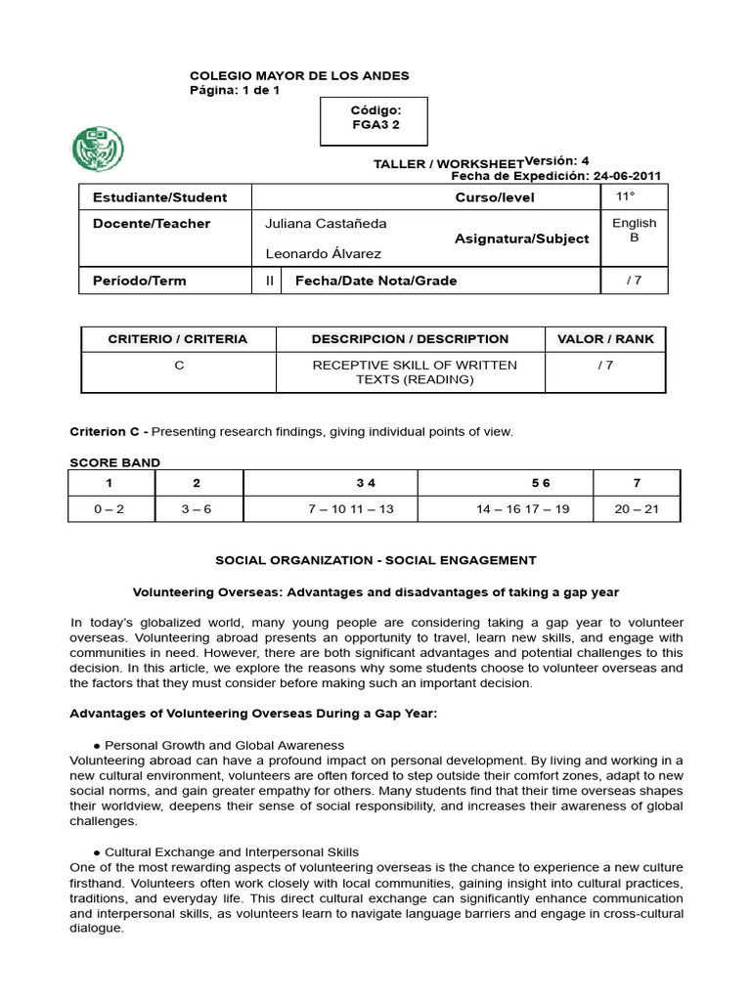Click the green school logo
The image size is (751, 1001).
97,149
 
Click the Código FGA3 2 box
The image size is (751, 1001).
375,118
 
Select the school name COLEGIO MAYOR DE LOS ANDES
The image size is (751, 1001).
298,76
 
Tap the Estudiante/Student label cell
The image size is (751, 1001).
159,197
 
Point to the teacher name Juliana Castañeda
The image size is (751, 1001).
326,224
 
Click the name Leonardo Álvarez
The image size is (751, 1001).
323,254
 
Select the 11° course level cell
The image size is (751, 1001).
633,196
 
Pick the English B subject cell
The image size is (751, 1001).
634,230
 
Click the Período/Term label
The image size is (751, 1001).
139,282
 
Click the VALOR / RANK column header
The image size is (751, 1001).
604,339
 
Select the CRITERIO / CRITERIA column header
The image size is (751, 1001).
178,339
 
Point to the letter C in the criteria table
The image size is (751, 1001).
178,366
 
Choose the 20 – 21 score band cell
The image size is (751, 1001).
637,509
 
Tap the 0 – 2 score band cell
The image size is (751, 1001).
108,509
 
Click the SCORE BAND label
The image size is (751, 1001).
114,462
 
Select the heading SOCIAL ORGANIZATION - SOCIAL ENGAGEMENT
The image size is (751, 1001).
375,561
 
